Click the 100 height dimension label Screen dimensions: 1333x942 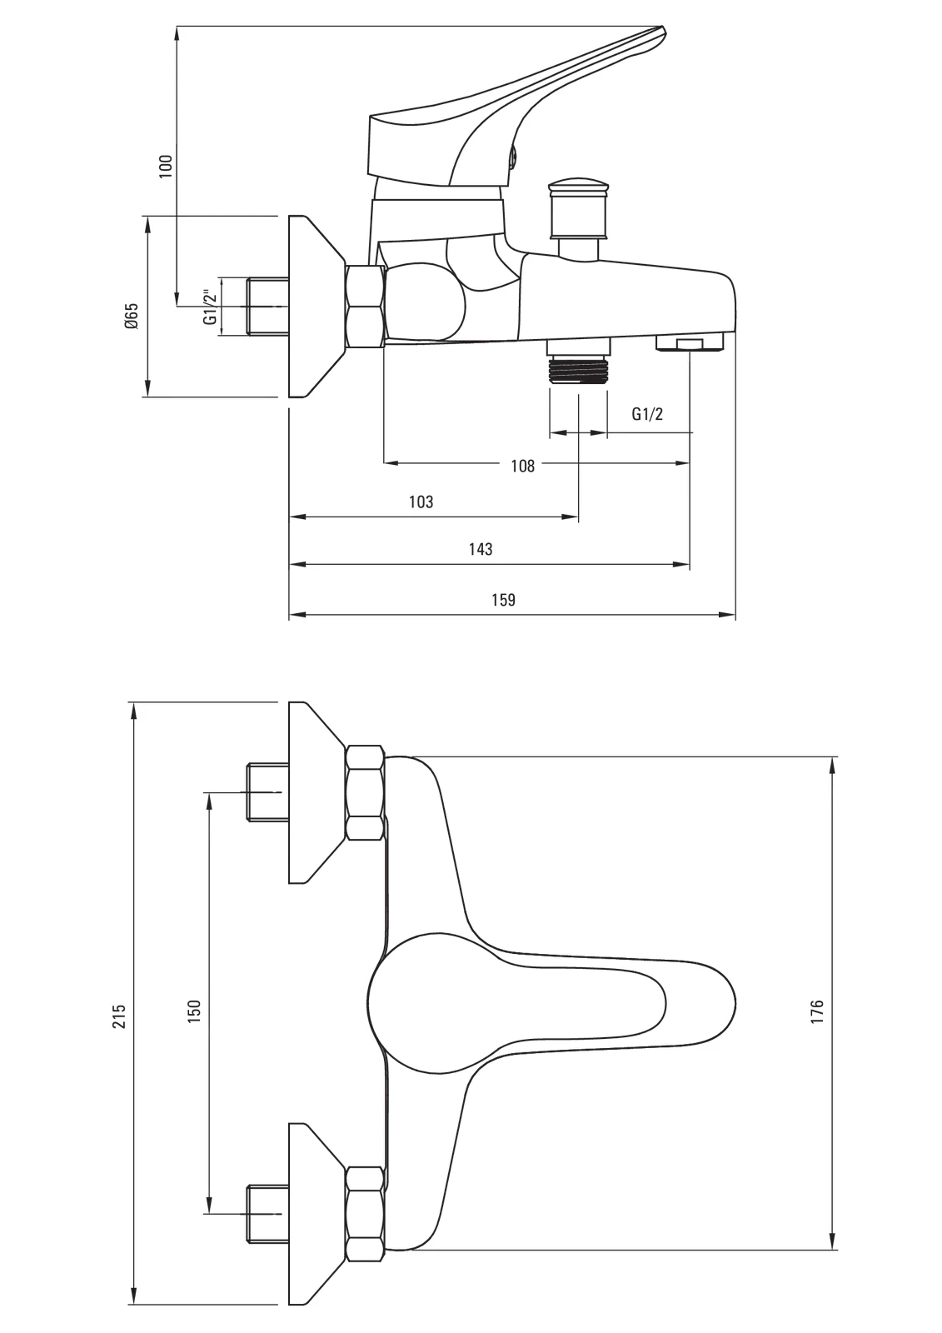pyautogui.click(x=166, y=164)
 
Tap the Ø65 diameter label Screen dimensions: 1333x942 pyautogui.click(x=131, y=317)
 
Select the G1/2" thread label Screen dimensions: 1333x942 pyautogui.click(x=210, y=306)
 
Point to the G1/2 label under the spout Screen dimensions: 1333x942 pyautogui.click(x=647, y=414)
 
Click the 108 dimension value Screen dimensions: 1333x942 pyautogui.click(x=522, y=466)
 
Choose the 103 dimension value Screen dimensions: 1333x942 pyautogui.click(x=421, y=502)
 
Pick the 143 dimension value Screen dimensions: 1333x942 pyautogui.click(x=481, y=549)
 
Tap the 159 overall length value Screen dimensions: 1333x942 pyautogui.click(x=504, y=600)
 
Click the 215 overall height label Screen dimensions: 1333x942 pyautogui.click(x=119, y=1016)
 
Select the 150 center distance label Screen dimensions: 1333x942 pyautogui.click(x=194, y=1011)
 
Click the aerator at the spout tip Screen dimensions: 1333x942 pyautogui.click(x=690, y=344)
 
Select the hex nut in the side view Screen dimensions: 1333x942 pyautogui.click(x=365, y=306)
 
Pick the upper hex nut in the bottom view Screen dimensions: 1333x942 pyautogui.click(x=365, y=792)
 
